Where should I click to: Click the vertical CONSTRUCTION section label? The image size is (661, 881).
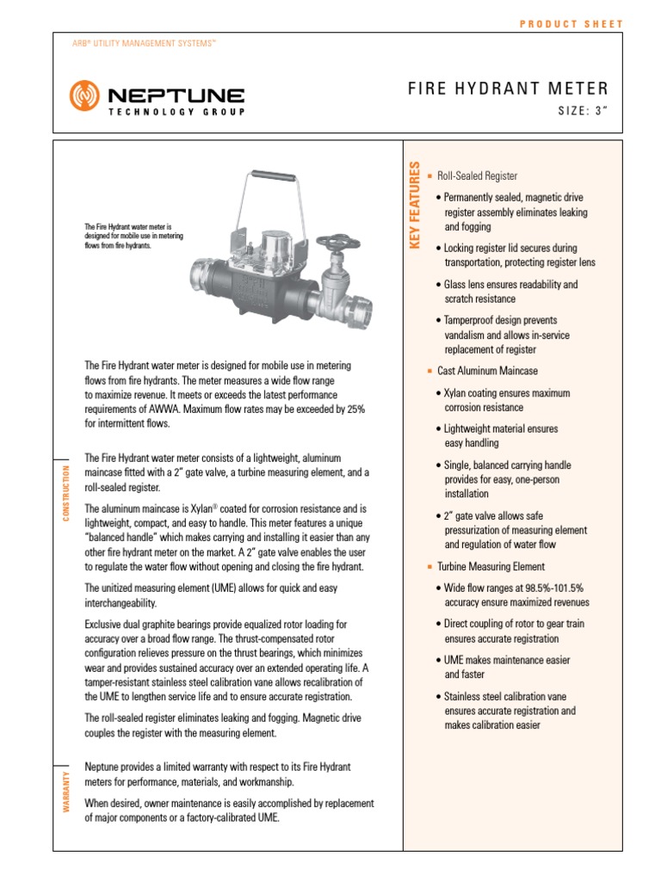point(65,492)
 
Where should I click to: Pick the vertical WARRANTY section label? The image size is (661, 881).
point(65,790)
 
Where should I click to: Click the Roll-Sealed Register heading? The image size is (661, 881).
point(477,176)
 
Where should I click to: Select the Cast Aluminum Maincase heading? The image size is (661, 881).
point(487,371)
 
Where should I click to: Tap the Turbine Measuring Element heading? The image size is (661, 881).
point(491,566)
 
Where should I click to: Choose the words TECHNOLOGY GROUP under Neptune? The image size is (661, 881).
point(176,112)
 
